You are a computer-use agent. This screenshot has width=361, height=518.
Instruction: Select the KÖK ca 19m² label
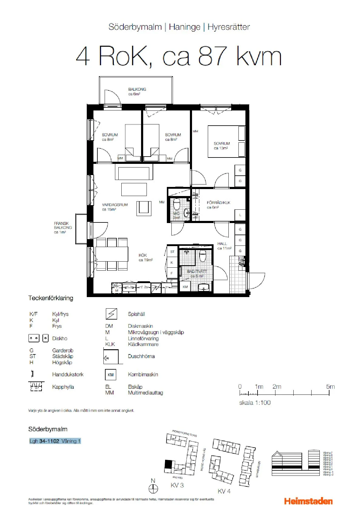(145, 258)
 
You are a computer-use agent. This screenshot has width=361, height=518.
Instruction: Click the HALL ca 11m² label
(224, 246)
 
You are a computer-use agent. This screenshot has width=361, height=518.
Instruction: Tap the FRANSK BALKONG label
(63, 228)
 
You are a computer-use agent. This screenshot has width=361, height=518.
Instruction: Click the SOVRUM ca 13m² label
(221, 146)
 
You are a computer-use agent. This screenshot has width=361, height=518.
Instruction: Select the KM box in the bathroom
(185, 287)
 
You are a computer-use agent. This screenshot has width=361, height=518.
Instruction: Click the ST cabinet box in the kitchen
(172, 252)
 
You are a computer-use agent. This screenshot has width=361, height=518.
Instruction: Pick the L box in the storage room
(240, 215)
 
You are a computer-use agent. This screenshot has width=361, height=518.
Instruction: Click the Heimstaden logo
(308, 501)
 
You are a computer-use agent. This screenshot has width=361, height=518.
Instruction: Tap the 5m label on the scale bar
(330, 387)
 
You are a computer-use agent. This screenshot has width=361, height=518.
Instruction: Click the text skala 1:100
(255, 403)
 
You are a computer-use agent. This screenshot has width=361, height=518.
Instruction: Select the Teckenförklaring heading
(51, 298)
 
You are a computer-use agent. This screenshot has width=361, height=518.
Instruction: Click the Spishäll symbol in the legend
(111, 314)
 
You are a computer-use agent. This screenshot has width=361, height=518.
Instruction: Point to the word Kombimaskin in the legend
(143, 374)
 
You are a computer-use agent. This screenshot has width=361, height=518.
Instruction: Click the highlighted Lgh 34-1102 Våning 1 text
(55, 441)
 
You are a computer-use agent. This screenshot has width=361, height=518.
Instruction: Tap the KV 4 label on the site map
(224, 491)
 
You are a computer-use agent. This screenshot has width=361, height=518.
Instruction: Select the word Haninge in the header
(184, 27)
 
